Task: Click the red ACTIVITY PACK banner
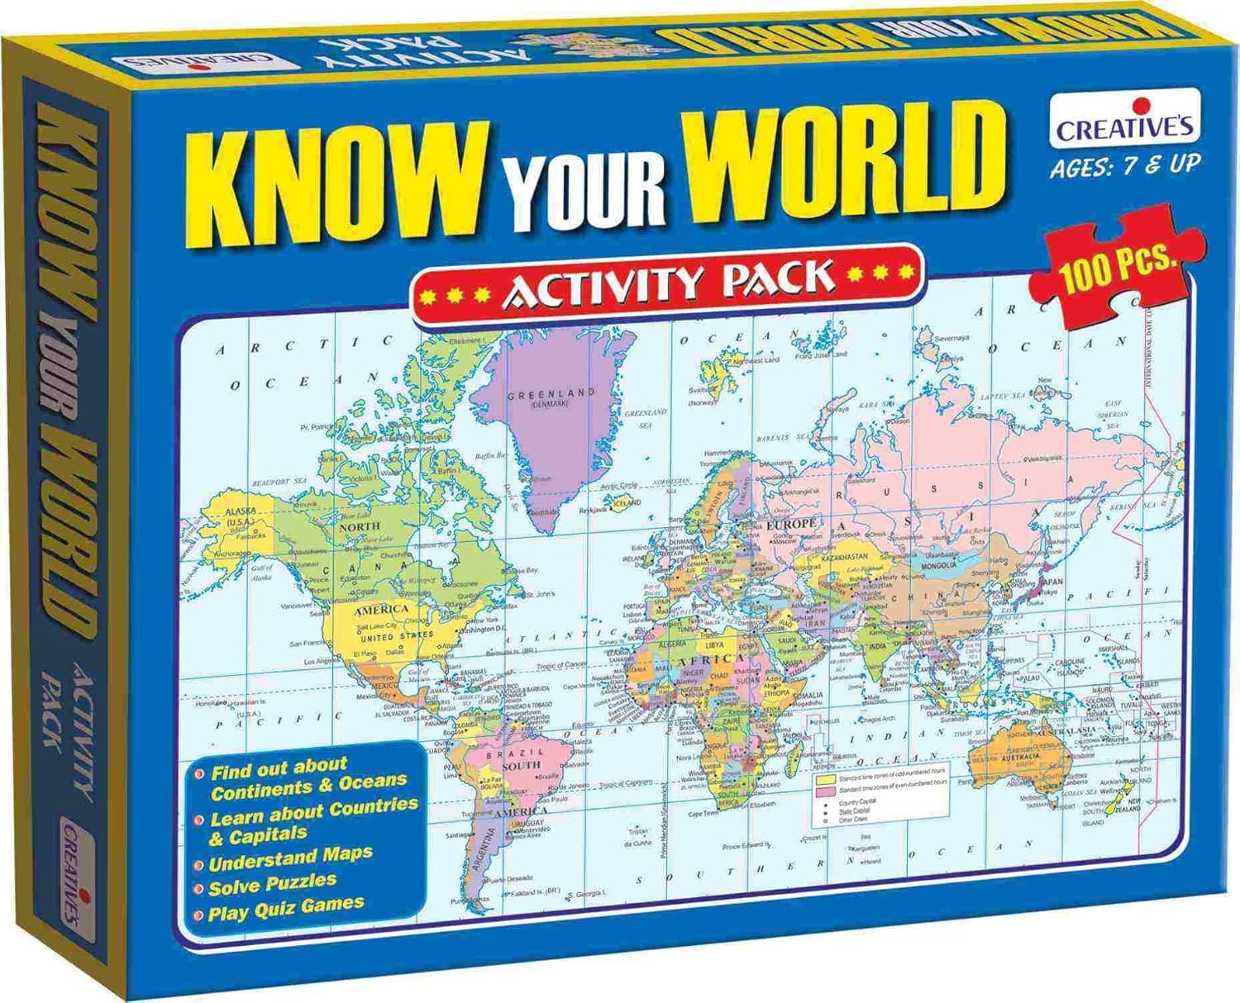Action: pos(668,283)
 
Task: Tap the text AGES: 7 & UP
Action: pos(1124,165)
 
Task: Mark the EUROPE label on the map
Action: pos(791,523)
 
